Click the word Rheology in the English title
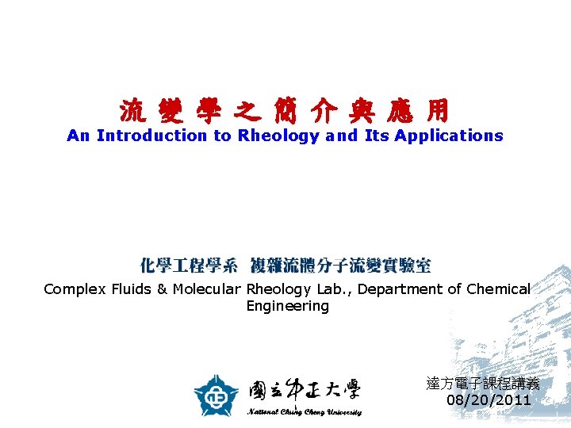pos(278,136)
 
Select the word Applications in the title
pos(449,136)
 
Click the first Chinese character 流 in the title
pos(132,112)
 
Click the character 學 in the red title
pos(209,112)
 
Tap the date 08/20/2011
pos(489,400)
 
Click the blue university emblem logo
pos(217,395)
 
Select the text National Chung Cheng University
pos(305,412)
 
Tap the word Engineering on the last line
pos(287,306)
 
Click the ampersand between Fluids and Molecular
pos(162,289)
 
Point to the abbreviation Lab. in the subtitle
pos(337,289)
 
